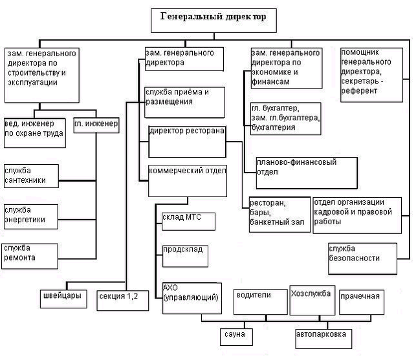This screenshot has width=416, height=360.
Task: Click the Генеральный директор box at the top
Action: pos(213,21)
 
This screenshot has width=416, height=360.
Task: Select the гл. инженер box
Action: pos(96,125)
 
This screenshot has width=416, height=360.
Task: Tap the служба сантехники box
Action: pos(31,176)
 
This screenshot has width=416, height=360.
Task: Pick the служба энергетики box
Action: pos(31,217)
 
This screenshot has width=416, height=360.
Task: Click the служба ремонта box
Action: pos(30,257)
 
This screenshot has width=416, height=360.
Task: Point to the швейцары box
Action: pos(63,299)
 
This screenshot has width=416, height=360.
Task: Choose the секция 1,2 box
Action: pos(122,301)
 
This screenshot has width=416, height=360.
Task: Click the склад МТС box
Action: pos(188,221)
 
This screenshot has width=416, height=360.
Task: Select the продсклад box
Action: pos(185,257)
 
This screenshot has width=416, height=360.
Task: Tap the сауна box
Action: pos(236,337)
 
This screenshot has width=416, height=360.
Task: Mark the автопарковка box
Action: pos(323,339)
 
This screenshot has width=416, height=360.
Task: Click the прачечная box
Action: pos(362,302)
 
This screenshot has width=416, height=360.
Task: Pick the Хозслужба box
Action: pos(312,300)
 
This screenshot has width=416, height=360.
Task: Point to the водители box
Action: pos(260,302)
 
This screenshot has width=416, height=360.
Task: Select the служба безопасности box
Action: pos(362,259)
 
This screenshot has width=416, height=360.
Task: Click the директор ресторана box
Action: pos(187,142)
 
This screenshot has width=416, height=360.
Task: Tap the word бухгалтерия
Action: pos(273,127)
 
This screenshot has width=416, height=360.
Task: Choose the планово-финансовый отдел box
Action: pos(307,173)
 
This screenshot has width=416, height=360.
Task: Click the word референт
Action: pos(359,91)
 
